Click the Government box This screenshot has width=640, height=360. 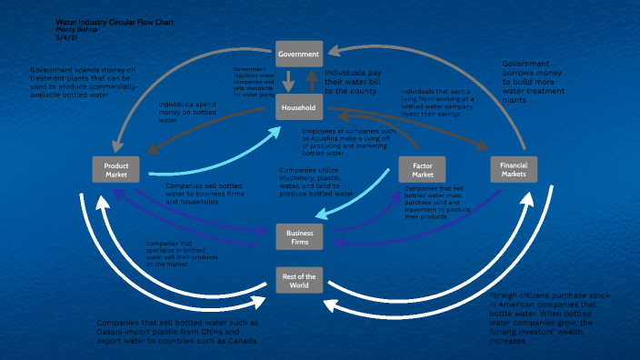(x=299, y=54)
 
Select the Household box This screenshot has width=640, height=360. (x=299, y=109)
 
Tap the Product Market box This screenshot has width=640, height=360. (x=116, y=170)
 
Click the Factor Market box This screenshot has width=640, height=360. (x=422, y=170)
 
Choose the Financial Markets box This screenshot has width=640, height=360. (x=514, y=170)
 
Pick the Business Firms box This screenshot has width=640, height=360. (x=299, y=236)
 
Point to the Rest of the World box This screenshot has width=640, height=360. (x=299, y=280)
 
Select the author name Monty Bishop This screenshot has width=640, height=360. (x=77, y=28)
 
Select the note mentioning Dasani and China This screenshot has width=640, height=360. (x=178, y=332)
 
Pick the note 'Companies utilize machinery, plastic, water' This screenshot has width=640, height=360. (x=315, y=182)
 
